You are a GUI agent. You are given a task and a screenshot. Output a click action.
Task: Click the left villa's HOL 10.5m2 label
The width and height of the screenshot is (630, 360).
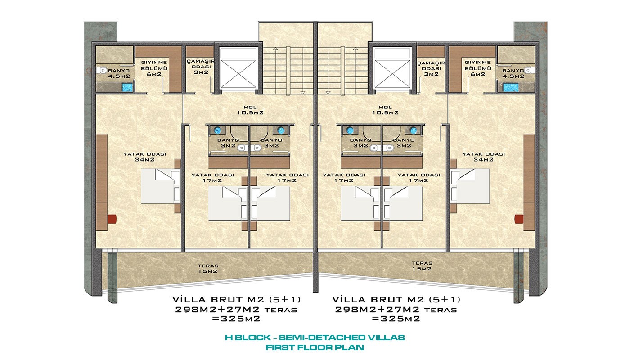[250, 110]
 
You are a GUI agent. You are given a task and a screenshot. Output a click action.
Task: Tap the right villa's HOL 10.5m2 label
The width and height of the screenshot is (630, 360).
[385, 110]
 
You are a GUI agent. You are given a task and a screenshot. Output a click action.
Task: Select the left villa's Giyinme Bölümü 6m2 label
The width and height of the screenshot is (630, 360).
[154, 68]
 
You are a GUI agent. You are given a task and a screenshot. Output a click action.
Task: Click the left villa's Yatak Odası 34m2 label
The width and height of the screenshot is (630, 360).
[145, 157]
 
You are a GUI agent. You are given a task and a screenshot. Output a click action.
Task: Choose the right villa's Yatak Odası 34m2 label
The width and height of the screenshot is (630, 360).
[484, 157]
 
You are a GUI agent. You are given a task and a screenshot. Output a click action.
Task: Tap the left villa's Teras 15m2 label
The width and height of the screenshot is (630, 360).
[208, 269]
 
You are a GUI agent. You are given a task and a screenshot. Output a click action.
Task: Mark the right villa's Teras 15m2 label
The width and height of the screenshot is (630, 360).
[422, 266]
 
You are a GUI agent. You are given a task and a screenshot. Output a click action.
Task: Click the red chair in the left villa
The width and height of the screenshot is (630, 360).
[112, 219]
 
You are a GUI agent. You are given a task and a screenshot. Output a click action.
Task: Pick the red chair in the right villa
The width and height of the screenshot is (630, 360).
[519, 219]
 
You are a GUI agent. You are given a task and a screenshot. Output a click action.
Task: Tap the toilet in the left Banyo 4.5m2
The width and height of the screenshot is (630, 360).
[103, 70]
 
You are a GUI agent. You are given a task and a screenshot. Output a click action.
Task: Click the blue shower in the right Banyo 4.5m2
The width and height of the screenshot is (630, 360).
[511, 87]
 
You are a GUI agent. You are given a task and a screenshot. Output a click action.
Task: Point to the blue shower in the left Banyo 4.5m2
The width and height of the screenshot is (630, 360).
[127, 87]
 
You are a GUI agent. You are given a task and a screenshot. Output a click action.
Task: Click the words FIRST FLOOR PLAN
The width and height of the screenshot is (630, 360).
[315, 347]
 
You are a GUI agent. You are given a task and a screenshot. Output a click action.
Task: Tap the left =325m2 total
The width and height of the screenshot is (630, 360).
[236, 319]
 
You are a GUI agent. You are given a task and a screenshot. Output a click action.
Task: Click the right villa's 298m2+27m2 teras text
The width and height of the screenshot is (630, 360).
[396, 310]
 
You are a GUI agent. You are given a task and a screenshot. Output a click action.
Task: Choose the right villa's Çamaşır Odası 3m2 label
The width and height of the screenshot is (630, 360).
[431, 68]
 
